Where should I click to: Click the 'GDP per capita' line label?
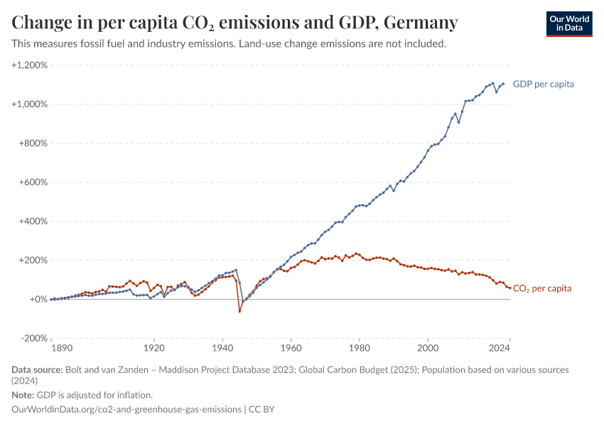(543, 84)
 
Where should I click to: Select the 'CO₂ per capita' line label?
(541, 288)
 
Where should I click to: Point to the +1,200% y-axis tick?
(29, 65)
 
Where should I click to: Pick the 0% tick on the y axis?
(39, 299)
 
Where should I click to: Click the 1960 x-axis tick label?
(291, 349)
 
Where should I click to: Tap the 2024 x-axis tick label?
(499, 349)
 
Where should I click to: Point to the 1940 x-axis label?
(222, 349)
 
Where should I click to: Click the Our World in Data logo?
(568, 23)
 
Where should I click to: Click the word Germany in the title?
(421, 23)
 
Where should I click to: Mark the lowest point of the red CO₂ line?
(239, 311)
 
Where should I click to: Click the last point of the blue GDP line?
(503, 84)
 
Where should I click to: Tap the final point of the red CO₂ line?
(509, 288)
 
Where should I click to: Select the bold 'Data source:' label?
(37, 370)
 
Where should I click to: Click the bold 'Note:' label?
(23, 395)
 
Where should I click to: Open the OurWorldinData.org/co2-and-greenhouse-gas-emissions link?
(126, 410)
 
